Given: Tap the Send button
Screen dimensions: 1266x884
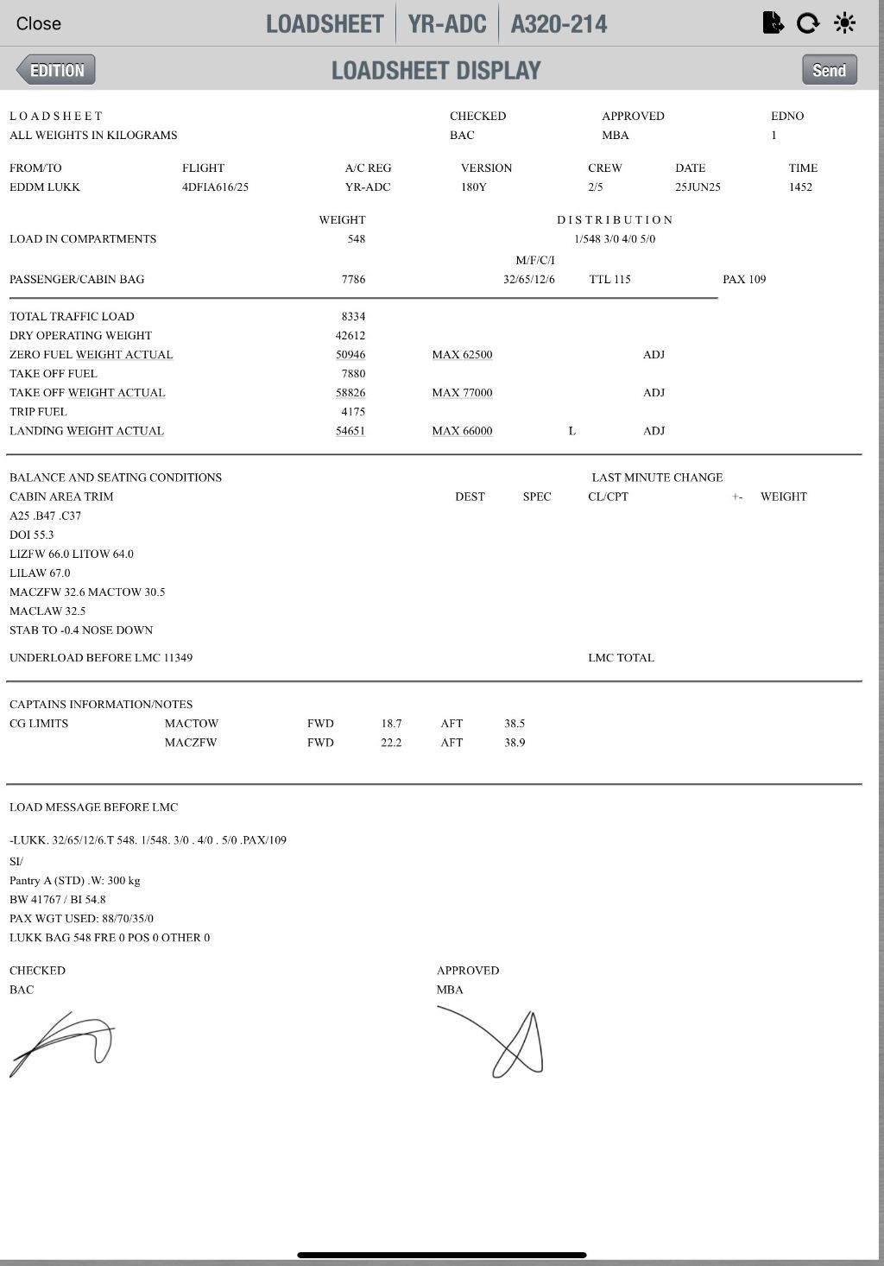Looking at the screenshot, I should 829,70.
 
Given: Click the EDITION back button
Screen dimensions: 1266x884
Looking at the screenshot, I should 56,70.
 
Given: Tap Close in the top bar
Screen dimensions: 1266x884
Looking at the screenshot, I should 39,23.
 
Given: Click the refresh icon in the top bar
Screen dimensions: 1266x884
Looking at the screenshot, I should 808,23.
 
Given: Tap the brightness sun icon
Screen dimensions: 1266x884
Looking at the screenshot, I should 845,23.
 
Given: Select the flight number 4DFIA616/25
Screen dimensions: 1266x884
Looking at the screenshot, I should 215,187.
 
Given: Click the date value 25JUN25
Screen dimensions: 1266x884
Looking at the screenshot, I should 698,187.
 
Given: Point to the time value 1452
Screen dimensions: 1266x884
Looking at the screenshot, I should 800,187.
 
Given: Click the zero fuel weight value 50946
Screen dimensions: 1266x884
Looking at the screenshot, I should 350,355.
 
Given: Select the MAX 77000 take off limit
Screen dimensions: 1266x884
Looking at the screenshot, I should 462,393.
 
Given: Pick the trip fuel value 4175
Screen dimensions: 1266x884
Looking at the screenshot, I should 353,412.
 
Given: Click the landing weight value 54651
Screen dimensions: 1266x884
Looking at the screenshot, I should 350,431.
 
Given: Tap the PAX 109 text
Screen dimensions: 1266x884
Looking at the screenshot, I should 744,280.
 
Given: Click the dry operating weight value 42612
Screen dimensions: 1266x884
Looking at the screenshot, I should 350,336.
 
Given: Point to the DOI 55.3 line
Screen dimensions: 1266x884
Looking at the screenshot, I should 32,535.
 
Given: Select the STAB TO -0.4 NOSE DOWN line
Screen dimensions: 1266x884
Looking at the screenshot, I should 81,630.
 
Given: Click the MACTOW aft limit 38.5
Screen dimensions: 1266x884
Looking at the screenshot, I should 515,724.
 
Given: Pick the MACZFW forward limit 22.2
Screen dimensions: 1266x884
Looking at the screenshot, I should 391,743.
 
